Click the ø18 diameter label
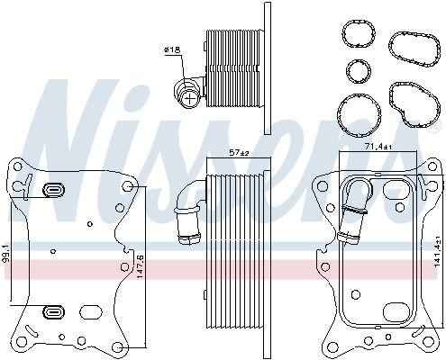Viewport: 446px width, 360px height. pyautogui.click(x=172, y=49)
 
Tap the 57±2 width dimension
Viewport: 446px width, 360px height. pyautogui.click(x=240, y=153)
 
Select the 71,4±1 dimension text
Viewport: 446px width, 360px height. pyautogui.click(x=378, y=147)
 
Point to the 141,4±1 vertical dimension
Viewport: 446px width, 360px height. pyautogui.click(x=437, y=250)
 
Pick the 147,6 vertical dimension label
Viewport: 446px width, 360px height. pyautogui.click(x=140, y=267)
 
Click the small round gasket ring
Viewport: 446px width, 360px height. pyautogui.click(x=359, y=71)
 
